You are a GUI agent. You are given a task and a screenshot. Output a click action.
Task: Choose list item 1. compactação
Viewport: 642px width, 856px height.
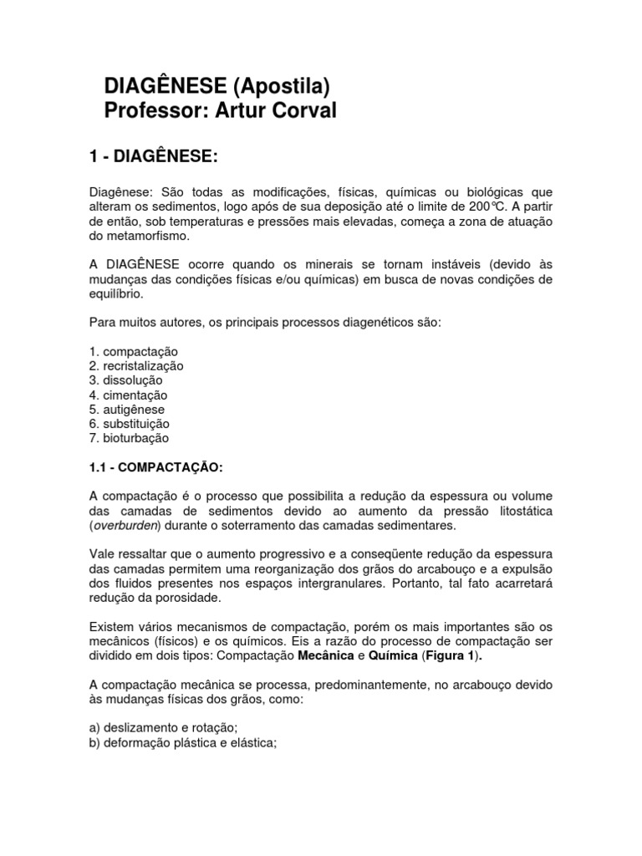click(x=133, y=351)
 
